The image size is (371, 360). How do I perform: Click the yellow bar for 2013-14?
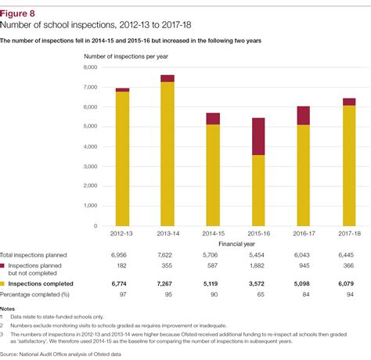(167, 154)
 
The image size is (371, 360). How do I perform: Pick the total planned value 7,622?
(167, 256)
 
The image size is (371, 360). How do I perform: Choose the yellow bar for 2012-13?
(122, 159)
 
